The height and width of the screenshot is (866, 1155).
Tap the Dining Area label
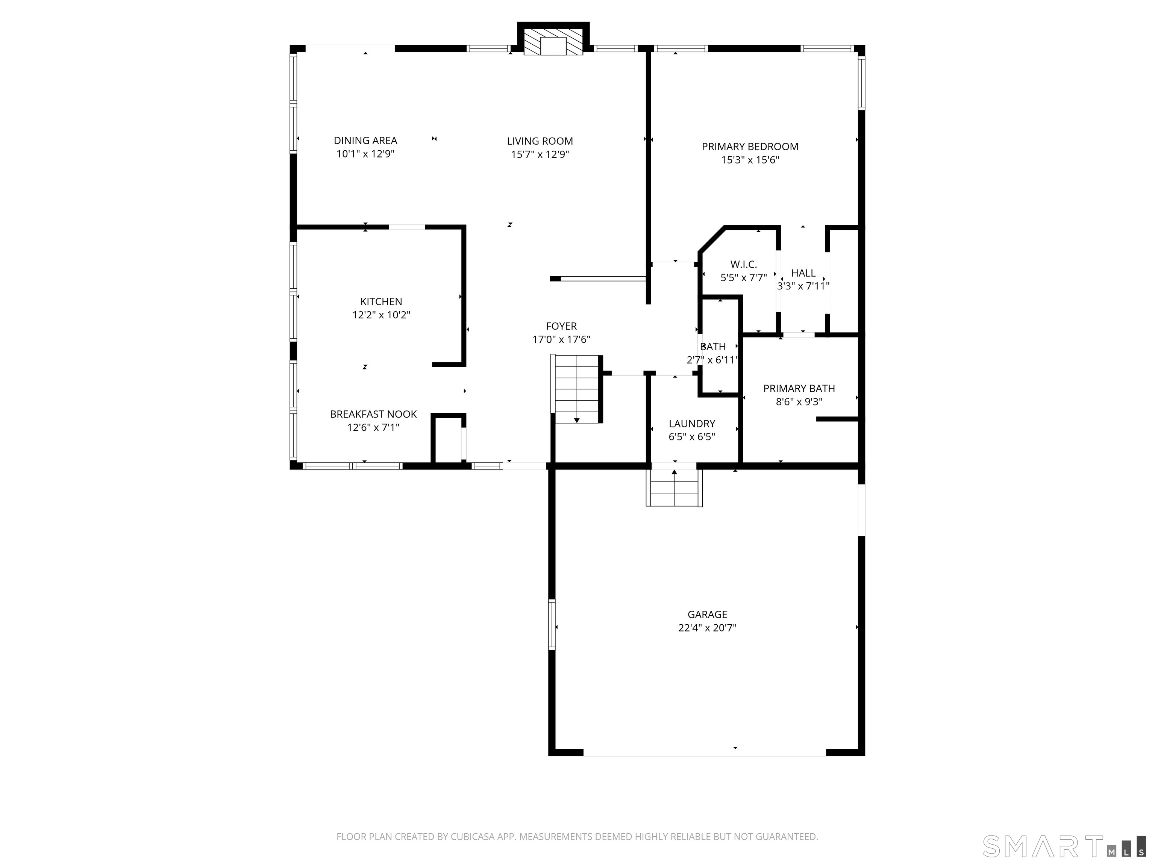[x=365, y=141]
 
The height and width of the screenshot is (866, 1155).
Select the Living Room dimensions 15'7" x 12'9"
[x=540, y=154]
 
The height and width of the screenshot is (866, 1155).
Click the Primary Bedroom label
[x=750, y=147]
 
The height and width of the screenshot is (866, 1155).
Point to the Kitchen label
[x=381, y=302]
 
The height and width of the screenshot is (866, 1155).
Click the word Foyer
[x=561, y=326]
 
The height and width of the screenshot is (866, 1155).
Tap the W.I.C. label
[x=744, y=265]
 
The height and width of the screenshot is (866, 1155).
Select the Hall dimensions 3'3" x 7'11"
[x=803, y=286]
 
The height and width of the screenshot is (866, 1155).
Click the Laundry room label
[x=692, y=424]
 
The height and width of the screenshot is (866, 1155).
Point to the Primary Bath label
[x=799, y=388]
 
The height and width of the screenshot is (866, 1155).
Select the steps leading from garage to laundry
[x=674, y=488]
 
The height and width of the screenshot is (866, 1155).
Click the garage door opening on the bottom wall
[x=704, y=752]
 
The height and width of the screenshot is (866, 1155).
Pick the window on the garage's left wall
[x=552, y=624]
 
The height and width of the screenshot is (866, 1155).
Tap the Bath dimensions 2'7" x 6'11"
[x=712, y=360]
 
